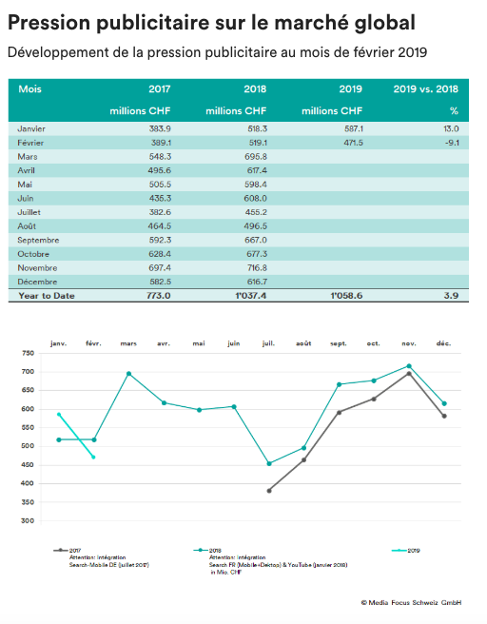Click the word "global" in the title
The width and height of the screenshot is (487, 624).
coord(384,23)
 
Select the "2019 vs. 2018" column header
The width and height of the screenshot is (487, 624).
coord(426,89)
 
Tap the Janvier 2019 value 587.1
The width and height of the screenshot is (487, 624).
coord(354,129)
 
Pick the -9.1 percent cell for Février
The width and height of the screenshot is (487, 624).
coord(452,143)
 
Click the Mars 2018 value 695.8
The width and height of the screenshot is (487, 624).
coord(256,157)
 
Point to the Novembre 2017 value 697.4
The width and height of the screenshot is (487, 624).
coord(160,268)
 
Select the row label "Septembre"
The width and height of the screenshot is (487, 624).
coord(38,241)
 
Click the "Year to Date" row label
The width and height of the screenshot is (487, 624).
coord(47,296)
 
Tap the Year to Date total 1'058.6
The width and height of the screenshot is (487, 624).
coord(346,296)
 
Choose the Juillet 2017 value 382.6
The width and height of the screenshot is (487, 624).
coord(160,212)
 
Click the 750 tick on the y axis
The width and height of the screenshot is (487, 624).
coord(28,353)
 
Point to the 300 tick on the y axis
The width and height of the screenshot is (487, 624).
coord(28,520)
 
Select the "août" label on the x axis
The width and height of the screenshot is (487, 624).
coord(303,343)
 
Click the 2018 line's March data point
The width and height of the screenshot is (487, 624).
coord(128,374)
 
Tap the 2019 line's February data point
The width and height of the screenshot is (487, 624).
coord(93,458)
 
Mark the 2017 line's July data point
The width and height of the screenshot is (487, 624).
coord(269,491)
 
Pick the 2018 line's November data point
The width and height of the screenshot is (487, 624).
coord(409,365)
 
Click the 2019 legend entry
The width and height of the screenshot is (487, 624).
coord(406,551)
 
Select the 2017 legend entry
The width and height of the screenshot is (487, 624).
coord(68,551)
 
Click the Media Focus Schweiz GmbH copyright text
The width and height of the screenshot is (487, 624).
coord(412,602)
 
